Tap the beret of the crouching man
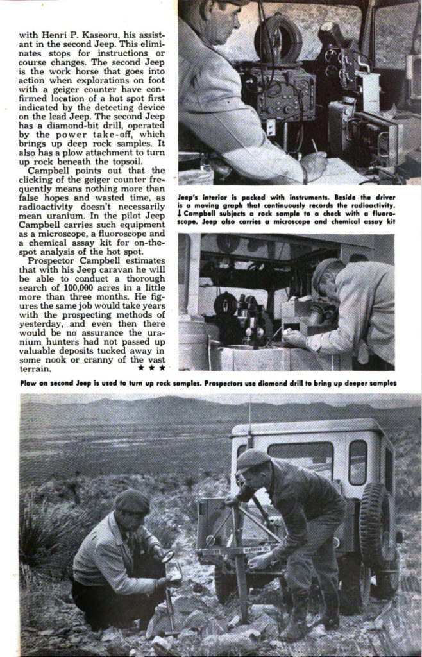[x=133, y=501]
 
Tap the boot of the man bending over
[x=297, y=622]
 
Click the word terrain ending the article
[x=36, y=369]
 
